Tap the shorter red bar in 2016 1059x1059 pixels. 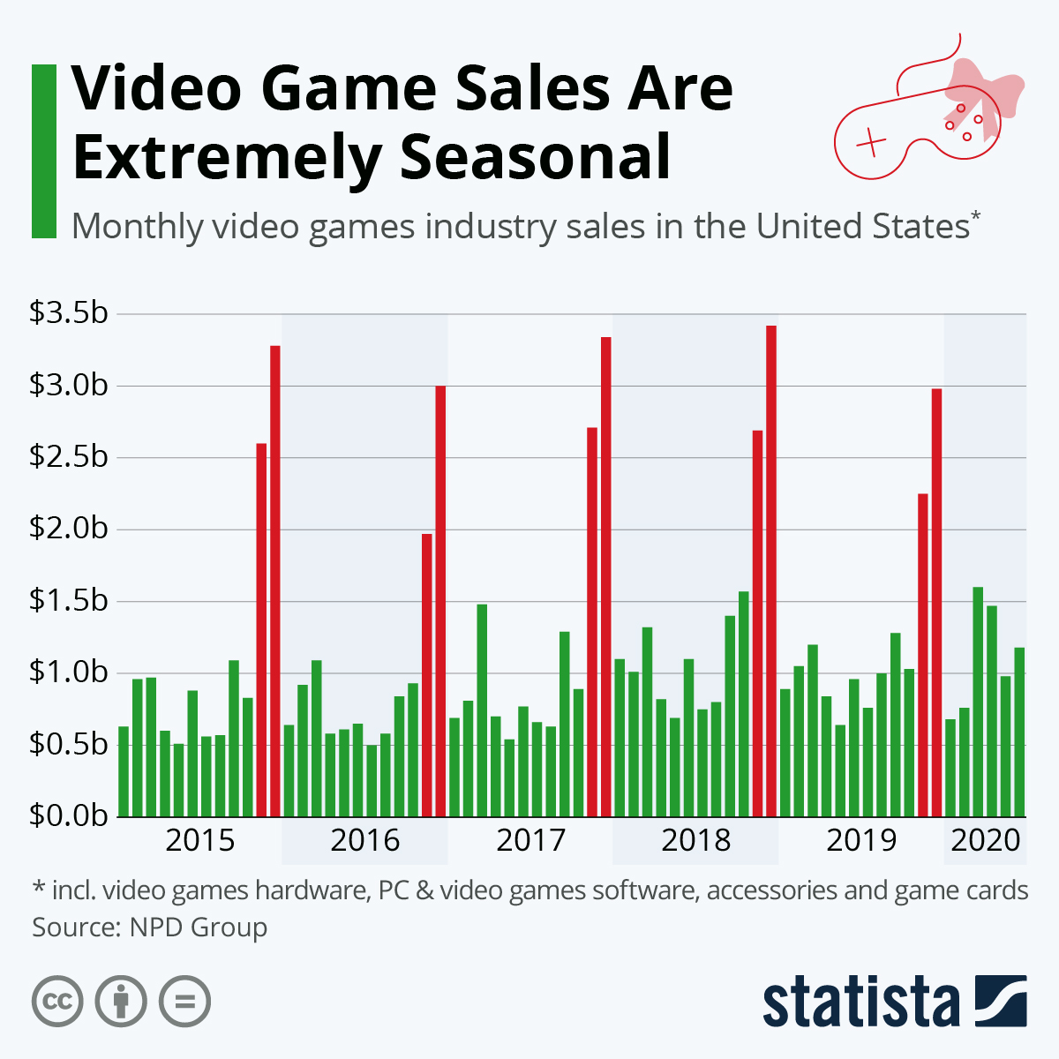click(427, 675)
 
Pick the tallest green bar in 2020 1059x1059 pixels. click(978, 702)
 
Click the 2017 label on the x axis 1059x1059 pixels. click(530, 840)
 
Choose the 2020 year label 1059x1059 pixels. click(986, 840)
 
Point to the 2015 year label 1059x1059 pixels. click(200, 840)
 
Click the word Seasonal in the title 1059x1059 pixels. click(535, 159)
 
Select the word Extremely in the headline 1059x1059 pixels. click(226, 159)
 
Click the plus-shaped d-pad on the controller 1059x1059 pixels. click(871, 142)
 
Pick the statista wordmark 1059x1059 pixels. click(860, 1003)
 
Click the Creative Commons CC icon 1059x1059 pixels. click(57, 1002)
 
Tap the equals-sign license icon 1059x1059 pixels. click(184, 1002)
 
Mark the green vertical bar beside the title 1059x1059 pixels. click(43, 151)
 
